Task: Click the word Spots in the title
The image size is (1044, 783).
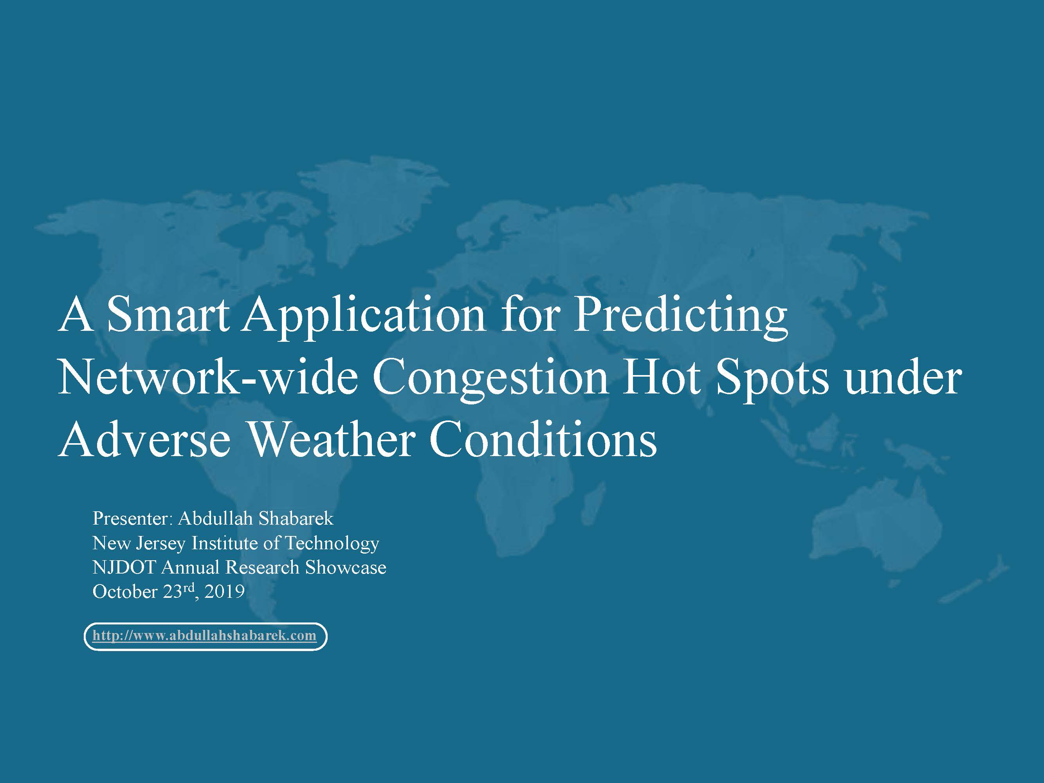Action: tap(772, 381)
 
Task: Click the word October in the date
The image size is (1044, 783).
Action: tap(124, 592)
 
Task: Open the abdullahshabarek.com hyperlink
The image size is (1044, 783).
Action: tap(204, 636)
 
